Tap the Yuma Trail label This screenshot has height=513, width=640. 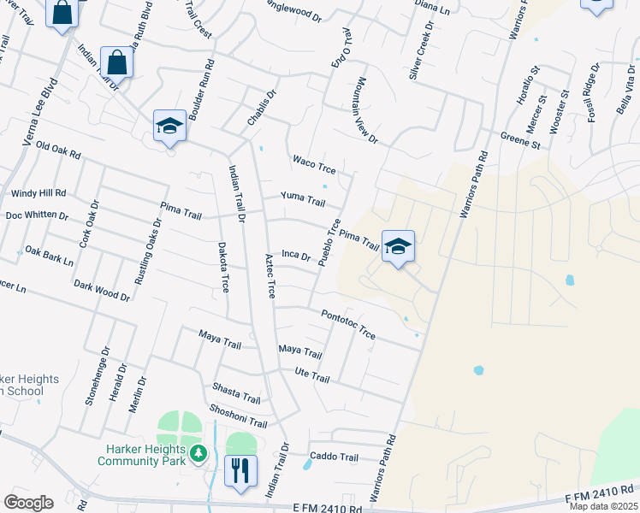tap(304, 201)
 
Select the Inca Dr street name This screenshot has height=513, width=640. tap(295, 255)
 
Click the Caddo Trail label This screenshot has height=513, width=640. tap(334, 457)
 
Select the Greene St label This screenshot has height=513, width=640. tap(520, 140)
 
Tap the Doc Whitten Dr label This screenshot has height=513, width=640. tap(37, 215)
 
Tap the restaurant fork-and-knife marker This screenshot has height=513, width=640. tap(240, 469)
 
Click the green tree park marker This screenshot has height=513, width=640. tap(199, 451)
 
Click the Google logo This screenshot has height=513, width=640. tap(28, 503)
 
